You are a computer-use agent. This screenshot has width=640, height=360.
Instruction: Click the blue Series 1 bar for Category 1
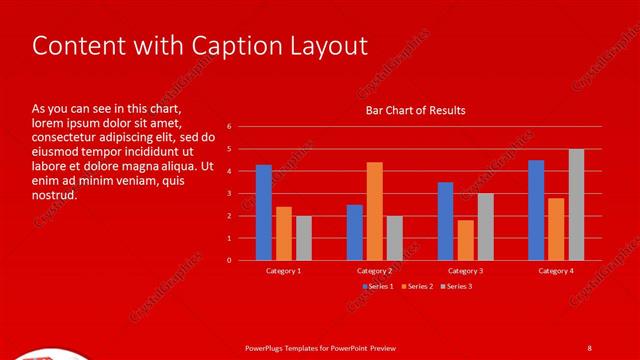tap(264, 212)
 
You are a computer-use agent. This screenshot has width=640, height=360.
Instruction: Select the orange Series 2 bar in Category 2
tap(375, 211)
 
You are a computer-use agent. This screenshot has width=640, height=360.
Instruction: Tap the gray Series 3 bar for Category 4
tap(576, 204)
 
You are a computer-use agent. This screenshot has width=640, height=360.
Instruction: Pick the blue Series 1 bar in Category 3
tap(445, 221)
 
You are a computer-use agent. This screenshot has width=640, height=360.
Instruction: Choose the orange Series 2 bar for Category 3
tap(466, 240)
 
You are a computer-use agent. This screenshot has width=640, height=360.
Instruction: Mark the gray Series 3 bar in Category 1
tap(304, 238)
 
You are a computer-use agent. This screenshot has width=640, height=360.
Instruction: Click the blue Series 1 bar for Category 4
tap(536, 210)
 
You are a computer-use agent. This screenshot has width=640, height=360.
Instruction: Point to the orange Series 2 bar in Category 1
tap(284, 233)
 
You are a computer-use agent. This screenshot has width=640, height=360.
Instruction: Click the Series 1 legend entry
tap(377, 287)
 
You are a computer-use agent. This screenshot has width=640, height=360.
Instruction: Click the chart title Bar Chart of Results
tap(415, 110)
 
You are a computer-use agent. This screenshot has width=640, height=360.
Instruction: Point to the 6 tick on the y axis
tap(230, 127)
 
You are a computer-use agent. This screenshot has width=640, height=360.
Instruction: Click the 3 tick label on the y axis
tap(230, 194)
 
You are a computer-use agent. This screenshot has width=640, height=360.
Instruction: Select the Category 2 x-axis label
tap(375, 271)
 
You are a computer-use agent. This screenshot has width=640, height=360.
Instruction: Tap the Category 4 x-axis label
tap(556, 271)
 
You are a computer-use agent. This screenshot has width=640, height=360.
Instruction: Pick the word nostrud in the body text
tap(54, 195)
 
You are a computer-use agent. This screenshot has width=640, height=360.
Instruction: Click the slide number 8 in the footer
tap(589, 347)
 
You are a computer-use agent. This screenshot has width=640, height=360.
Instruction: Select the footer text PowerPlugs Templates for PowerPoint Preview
tap(321, 347)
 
